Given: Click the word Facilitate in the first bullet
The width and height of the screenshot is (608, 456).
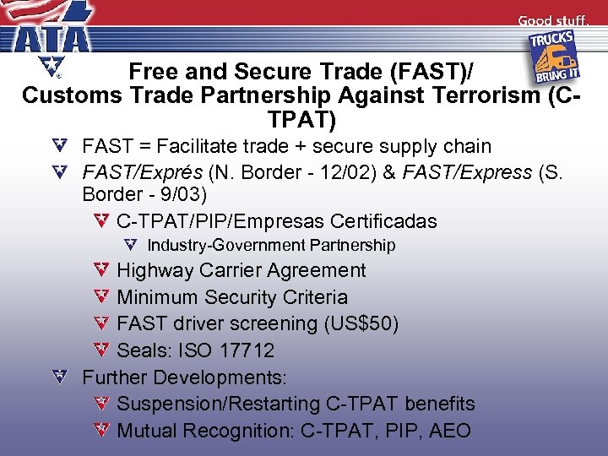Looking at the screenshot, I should click(207, 147).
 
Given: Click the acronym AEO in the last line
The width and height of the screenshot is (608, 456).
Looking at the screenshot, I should click(449, 431).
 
